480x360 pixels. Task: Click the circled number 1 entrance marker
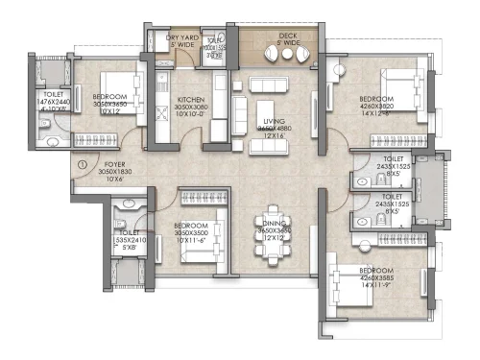click(84, 164)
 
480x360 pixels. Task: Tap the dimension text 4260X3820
click(375, 107)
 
